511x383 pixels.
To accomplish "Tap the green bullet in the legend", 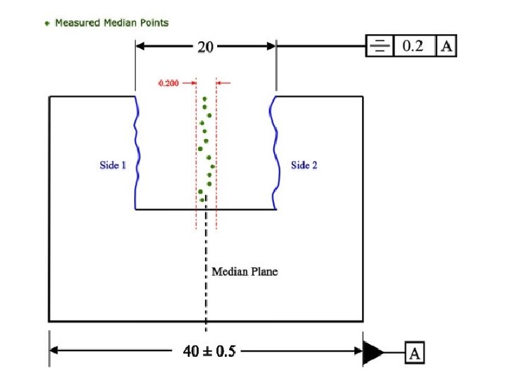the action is (48, 23).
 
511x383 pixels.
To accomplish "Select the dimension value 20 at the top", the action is (205, 47).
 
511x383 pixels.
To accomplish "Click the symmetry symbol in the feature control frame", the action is (380, 47).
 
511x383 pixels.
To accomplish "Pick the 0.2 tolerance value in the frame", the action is (414, 47).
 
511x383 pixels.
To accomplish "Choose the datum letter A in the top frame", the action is (446, 47).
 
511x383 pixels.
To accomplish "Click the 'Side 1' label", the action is (113, 165).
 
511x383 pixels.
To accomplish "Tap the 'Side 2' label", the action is (304, 165).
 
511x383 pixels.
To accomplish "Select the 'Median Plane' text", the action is (245, 272).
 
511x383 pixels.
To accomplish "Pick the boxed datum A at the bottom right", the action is (414, 352).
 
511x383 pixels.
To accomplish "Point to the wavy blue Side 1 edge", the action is (136, 152).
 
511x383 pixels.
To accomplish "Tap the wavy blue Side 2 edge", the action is (273, 152).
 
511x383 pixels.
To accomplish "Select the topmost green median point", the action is (204, 99).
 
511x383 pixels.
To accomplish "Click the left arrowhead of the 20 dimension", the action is (141, 47).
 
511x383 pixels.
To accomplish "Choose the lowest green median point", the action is (202, 199).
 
